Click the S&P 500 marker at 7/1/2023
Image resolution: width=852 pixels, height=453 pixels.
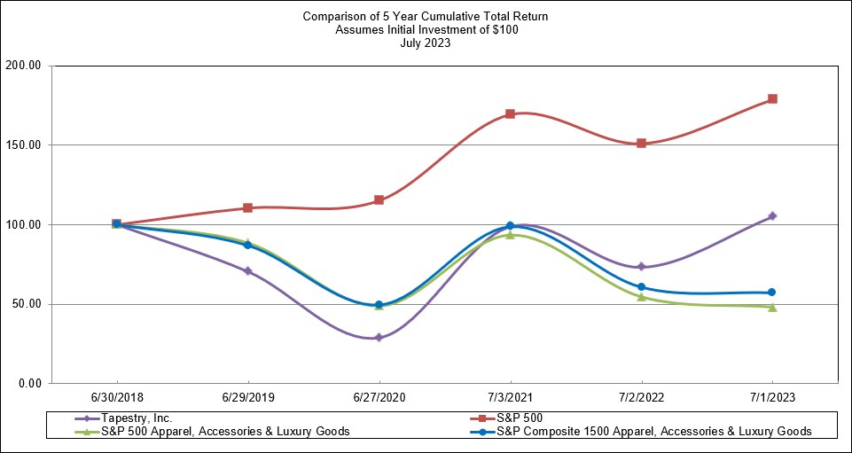pos(772,98)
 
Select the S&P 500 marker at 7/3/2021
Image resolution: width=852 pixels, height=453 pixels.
pos(510,113)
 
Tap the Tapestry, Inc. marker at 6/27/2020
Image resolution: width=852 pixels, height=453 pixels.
pos(379,338)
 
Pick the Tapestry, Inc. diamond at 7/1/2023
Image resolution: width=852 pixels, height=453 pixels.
pos(772,216)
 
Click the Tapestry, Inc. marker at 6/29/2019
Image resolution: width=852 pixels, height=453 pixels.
pos(247,271)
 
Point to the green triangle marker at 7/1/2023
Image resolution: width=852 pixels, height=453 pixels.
pos(772,307)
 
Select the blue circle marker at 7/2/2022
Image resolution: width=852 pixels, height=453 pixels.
pos(641,287)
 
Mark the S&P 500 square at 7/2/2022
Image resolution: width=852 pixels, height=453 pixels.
pos(641,143)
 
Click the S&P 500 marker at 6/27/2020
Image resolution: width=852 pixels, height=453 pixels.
pos(379,200)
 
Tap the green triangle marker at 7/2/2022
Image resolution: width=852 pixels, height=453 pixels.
pos(641,296)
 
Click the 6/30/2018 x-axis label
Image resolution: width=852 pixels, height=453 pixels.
pos(116,398)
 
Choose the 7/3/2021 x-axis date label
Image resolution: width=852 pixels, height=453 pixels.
pos(510,398)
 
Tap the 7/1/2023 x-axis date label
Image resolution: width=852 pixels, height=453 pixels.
pos(772,398)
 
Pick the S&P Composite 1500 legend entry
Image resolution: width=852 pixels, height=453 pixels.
pos(653,431)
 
